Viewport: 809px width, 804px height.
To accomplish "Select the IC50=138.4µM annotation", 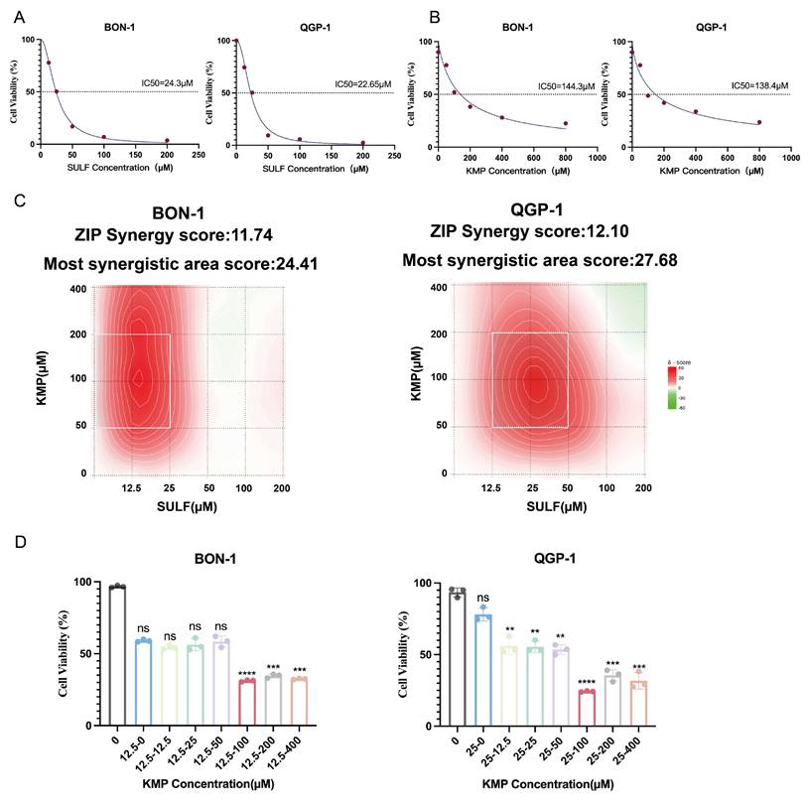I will tap(759, 85).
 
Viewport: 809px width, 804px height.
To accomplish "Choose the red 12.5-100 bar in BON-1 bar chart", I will tap(246, 703).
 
